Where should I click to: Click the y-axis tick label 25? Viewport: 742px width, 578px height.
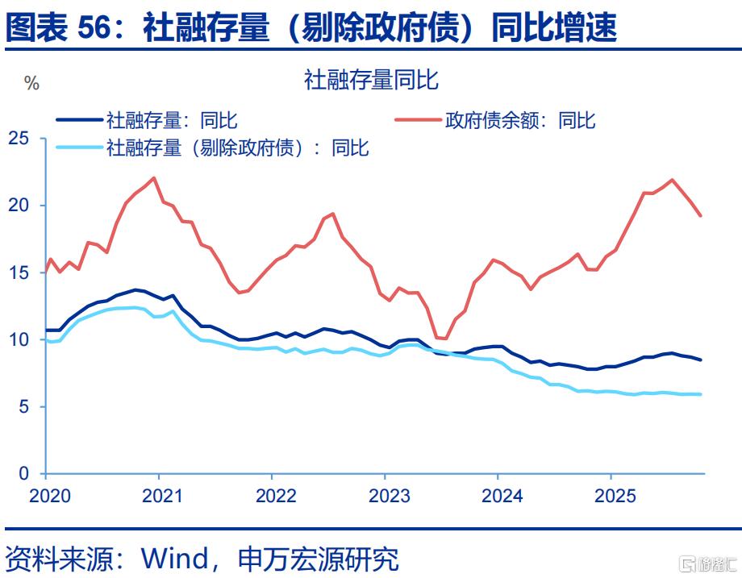pyautogui.click(x=19, y=139)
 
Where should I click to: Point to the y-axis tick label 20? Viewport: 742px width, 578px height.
pyautogui.click(x=19, y=206)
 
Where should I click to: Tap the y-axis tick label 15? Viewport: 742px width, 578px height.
pyautogui.click(x=19, y=272)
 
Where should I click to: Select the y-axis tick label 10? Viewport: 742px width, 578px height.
pyautogui.click(x=19, y=339)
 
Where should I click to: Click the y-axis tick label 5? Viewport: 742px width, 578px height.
pyautogui.click(x=24, y=406)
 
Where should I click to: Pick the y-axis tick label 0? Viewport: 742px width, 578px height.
pyautogui.click(x=24, y=473)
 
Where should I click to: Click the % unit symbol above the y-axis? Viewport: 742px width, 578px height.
pyautogui.click(x=31, y=84)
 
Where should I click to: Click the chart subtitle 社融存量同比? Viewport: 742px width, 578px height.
pyautogui.click(x=370, y=80)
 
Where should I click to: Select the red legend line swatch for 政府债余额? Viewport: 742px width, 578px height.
pyautogui.click(x=417, y=120)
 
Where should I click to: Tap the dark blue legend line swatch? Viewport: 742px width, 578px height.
pyautogui.click(x=78, y=120)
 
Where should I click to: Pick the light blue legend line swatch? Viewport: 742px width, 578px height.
pyautogui.click(x=78, y=147)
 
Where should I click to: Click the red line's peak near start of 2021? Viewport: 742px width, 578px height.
pyautogui.click(x=153, y=178)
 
